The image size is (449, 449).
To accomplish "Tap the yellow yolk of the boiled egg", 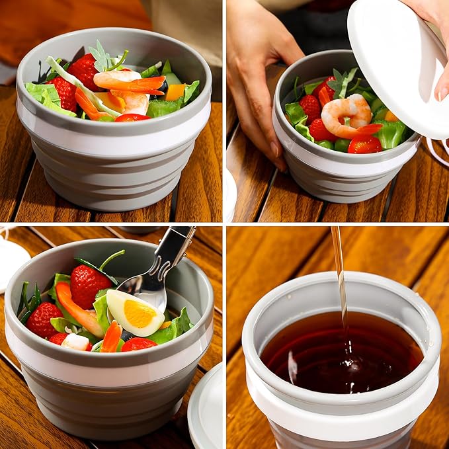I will tap(140, 313).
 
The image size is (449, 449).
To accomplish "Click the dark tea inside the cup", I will tap(341, 350).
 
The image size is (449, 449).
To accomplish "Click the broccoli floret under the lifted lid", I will tap(390, 134).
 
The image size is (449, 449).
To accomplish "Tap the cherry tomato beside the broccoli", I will tap(364, 143).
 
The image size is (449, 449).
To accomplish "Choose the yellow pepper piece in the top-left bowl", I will tap(175, 92).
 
